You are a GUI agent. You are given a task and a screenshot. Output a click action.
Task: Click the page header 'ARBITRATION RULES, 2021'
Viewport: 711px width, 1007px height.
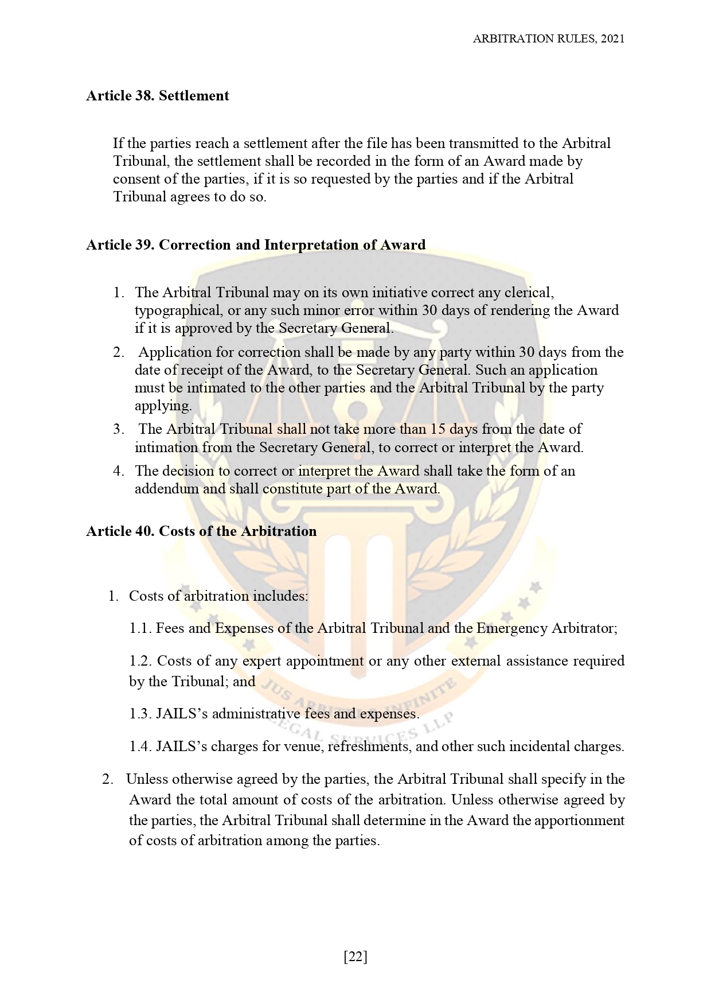point(548,39)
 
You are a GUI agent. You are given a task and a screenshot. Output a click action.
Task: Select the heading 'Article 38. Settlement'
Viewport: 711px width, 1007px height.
point(158,96)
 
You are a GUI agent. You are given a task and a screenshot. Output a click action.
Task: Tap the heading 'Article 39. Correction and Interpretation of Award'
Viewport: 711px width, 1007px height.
point(256,245)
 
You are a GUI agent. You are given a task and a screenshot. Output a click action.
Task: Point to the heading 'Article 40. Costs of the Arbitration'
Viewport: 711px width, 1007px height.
point(201,531)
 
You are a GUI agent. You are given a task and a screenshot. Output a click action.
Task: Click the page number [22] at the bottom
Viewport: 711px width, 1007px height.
point(355,957)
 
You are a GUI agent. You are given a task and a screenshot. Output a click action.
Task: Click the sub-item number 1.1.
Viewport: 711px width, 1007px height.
point(140,628)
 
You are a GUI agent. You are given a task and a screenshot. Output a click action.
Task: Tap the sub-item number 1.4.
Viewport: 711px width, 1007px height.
point(140,747)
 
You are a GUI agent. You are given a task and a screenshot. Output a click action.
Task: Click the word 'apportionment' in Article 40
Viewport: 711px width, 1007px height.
point(579,821)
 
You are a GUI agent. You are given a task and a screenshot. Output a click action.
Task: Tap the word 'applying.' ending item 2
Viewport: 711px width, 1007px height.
point(163,406)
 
